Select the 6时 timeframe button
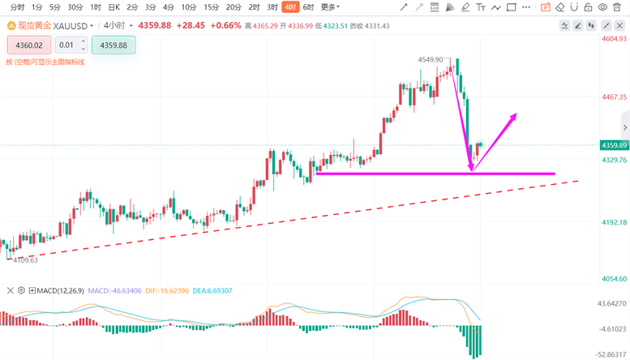click(308, 7)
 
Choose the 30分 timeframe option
click(75, 7)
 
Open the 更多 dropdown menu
click(329, 7)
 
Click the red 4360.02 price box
click(28, 45)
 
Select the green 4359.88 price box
click(114, 45)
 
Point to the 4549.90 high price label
click(431, 60)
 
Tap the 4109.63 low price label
click(26, 260)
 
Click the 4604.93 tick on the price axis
click(613, 39)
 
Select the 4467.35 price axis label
click(613, 97)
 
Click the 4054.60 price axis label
click(613, 279)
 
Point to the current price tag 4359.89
click(613, 146)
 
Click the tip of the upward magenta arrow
click(516, 114)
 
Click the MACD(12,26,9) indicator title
click(58, 290)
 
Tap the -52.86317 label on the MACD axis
click(611, 354)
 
